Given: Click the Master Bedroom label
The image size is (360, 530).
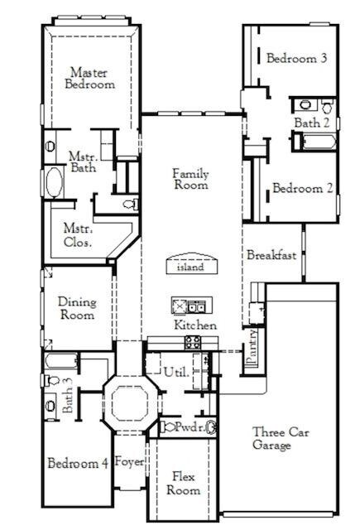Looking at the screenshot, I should (x=92, y=78).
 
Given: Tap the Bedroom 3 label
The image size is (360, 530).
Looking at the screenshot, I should (x=296, y=58).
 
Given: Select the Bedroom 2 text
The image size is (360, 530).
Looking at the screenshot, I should (x=303, y=188).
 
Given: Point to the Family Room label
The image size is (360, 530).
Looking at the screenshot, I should (x=190, y=179).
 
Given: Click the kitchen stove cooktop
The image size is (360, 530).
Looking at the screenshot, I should (x=193, y=341).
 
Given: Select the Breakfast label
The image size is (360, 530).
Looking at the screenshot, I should (x=271, y=256).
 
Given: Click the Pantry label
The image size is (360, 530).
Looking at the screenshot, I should (x=252, y=346).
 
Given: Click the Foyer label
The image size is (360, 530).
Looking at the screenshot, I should (x=129, y=460).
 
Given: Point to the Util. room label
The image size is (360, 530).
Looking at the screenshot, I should (x=176, y=372).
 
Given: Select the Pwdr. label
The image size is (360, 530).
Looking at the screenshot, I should (x=188, y=427).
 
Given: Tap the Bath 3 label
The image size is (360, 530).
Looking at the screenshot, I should (x=70, y=399).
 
